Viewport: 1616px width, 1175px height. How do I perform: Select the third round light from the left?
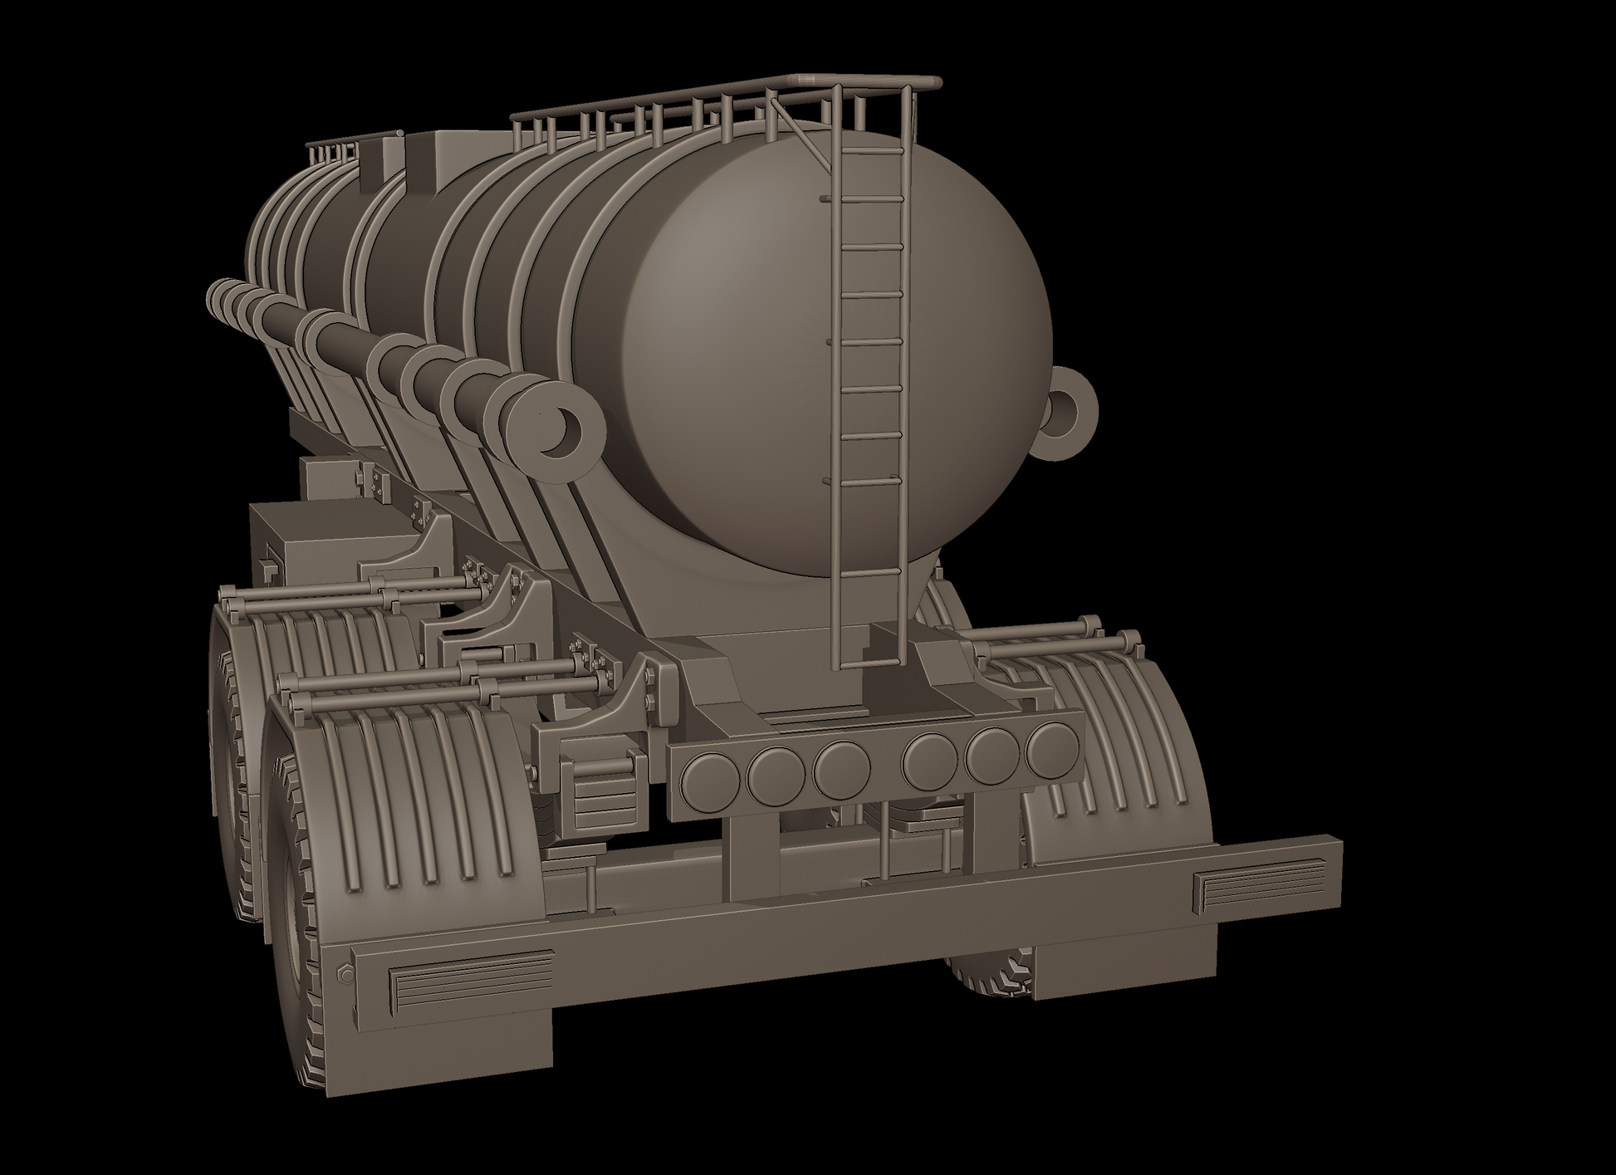coord(840,768)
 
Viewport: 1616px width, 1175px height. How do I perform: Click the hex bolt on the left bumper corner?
coord(347,973)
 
